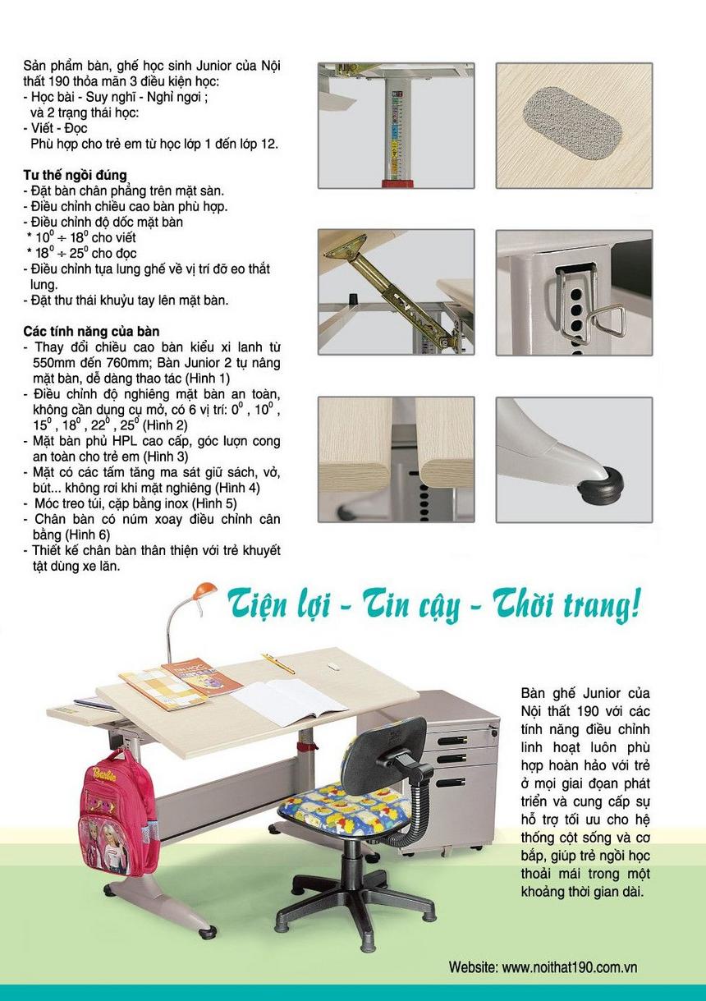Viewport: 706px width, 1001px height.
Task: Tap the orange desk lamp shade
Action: click(203, 590)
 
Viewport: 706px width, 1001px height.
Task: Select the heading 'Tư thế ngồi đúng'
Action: click(75, 175)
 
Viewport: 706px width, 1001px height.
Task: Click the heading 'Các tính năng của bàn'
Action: click(91, 331)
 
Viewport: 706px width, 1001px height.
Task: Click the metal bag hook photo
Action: click(574, 292)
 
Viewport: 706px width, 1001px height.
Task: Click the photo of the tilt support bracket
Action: click(396, 292)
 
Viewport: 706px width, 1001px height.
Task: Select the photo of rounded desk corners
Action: click(396, 460)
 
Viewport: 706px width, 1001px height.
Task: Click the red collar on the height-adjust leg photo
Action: click(396, 181)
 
